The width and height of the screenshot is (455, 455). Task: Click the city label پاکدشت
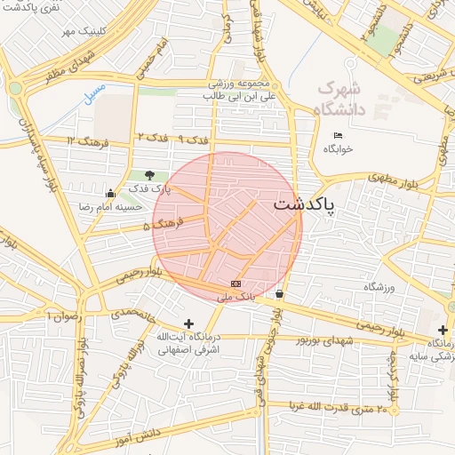[x=304, y=205]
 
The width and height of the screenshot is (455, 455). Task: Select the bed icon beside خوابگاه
[x=337, y=135]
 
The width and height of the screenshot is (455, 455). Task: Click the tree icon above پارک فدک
[x=148, y=175]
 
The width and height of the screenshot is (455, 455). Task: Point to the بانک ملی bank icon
[x=235, y=283]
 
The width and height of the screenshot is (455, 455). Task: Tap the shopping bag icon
[x=280, y=293]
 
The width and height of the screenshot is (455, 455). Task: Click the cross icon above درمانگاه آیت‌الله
[x=188, y=323]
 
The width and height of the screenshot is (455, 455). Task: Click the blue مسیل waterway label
[x=94, y=92]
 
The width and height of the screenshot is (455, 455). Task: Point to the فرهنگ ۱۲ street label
[x=86, y=141]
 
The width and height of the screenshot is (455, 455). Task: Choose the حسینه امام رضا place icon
[x=110, y=193]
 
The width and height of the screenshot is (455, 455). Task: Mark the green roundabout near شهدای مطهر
[x=15, y=87]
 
